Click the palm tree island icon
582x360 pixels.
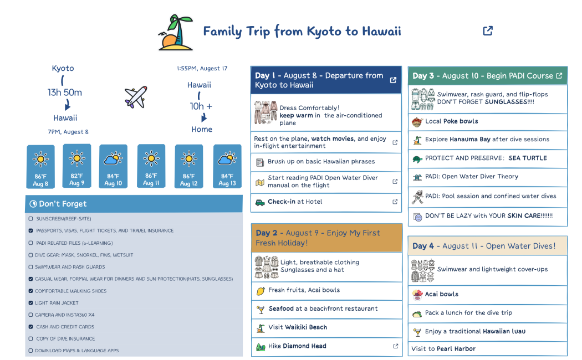tap(176, 32)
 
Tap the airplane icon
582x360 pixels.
tap(136, 97)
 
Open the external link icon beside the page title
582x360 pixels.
tap(488, 31)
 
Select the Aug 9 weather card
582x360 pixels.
tap(77, 166)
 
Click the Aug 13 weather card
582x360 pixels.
tap(227, 166)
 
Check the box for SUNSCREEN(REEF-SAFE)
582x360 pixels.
tap(30, 219)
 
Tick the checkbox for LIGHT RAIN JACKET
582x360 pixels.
tap(30, 303)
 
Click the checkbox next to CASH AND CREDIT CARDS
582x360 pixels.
tap(30, 327)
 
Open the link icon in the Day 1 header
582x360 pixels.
tap(393, 80)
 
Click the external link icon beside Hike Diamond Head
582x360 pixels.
tap(395, 346)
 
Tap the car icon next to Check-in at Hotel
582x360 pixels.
tap(260, 202)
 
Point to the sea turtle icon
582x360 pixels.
tap(417, 158)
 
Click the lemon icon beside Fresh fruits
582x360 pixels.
tap(261, 290)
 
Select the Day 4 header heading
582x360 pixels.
tap(484, 246)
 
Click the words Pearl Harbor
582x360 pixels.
tap(456, 349)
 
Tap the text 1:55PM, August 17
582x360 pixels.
tap(202, 69)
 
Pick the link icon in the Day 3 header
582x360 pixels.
tap(559, 76)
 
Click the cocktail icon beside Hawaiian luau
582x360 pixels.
tap(417, 332)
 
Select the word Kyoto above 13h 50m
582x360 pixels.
tap(63, 68)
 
